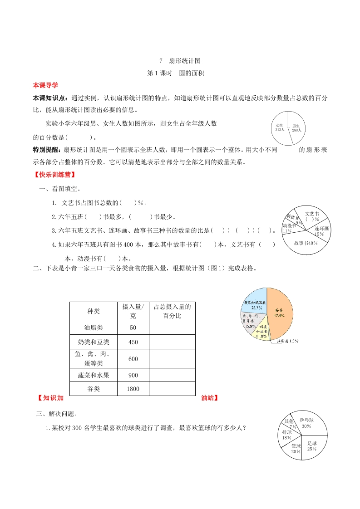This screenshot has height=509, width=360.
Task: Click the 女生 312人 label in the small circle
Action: [x=280, y=127]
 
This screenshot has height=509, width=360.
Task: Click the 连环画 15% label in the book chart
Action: [x=321, y=231]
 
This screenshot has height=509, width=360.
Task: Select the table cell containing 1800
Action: [x=133, y=389]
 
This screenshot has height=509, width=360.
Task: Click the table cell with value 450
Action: [x=133, y=342]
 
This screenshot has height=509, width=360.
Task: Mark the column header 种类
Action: [x=93, y=311]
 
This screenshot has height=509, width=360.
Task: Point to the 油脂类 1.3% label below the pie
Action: [x=287, y=341]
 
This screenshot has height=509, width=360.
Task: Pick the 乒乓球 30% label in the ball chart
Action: [x=306, y=423]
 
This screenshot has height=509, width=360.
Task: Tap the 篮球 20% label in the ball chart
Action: [x=296, y=449]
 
